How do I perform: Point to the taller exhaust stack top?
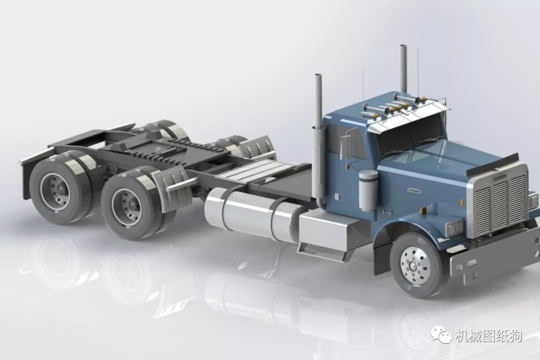(403, 46)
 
